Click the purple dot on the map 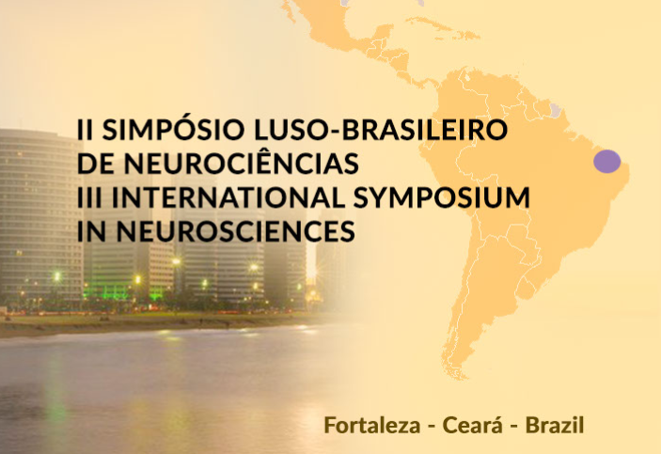click(x=607, y=161)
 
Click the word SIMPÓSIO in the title click(x=173, y=129)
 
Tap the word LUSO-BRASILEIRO click(x=381, y=130)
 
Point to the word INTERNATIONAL click(x=228, y=197)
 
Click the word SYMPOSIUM click(x=442, y=197)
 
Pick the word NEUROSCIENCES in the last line click(x=236, y=231)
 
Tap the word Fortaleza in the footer click(x=372, y=425)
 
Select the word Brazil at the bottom click(x=555, y=425)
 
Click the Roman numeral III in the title click(x=89, y=197)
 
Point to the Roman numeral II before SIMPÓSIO click(x=86, y=130)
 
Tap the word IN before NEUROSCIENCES click(x=92, y=231)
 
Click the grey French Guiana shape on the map click(x=556, y=110)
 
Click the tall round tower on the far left click(x=40, y=215)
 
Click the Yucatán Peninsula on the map click(x=385, y=33)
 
